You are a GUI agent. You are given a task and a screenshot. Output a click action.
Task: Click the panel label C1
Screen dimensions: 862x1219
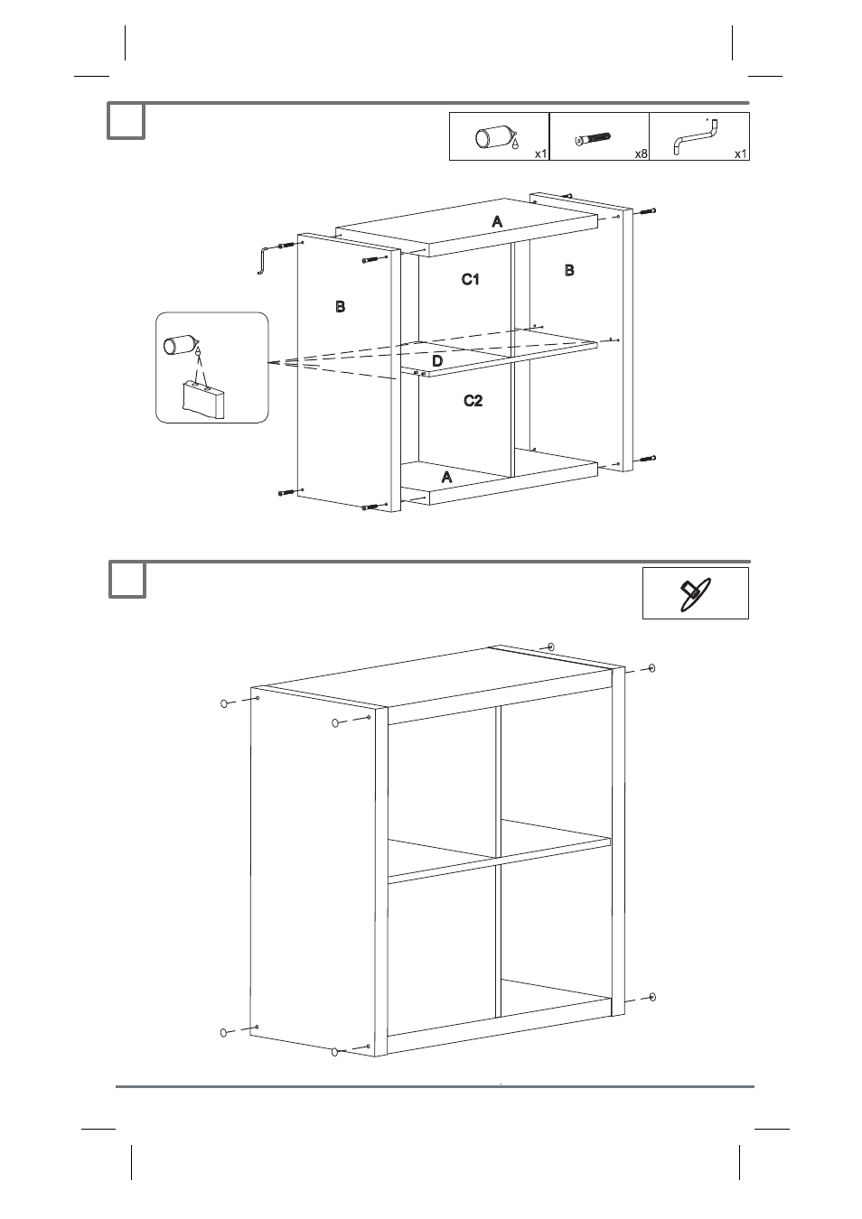[x=470, y=279]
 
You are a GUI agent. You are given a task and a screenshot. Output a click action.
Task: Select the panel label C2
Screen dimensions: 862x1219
[x=473, y=401]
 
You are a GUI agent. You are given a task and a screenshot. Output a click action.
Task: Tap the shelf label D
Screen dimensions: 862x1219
[x=437, y=361]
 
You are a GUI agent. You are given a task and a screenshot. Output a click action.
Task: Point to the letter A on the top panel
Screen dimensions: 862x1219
[x=497, y=221]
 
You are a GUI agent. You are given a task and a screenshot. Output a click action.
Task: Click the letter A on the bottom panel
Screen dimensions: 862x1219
[x=446, y=478]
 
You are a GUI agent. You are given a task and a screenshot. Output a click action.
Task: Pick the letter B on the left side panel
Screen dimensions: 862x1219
[x=341, y=307]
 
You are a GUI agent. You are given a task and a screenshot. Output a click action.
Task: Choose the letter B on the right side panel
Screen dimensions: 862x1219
[x=569, y=270]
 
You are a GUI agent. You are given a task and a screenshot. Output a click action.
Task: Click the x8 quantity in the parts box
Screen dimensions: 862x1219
[x=641, y=154]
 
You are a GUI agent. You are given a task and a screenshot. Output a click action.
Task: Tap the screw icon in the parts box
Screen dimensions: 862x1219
[x=593, y=139]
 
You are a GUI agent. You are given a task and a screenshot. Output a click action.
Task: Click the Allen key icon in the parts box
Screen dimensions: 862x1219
[x=696, y=136]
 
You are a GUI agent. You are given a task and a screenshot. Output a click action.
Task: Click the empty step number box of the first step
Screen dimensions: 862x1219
[x=126, y=121]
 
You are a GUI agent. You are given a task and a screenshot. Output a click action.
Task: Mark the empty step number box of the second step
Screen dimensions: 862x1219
[x=127, y=580]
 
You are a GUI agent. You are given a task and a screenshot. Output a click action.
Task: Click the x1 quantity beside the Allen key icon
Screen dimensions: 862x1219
[x=741, y=154]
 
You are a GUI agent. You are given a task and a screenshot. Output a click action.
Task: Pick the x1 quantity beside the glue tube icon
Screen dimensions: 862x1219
[x=540, y=154]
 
